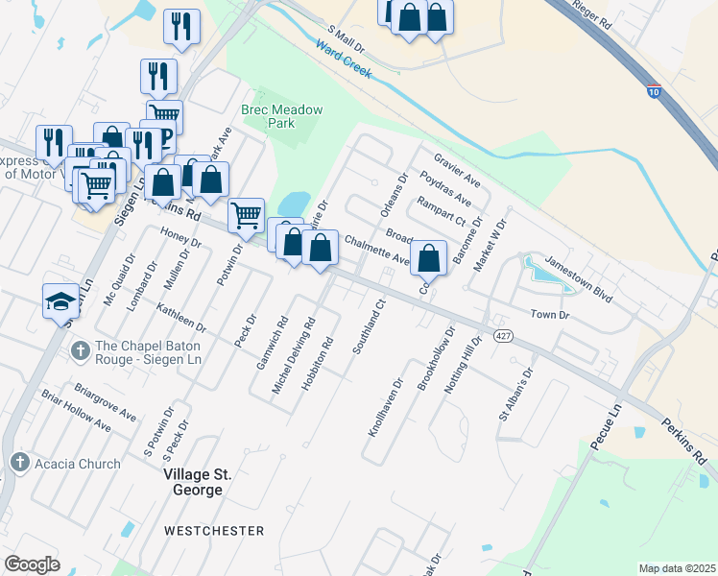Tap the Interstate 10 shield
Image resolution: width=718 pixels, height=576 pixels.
(x=653, y=92)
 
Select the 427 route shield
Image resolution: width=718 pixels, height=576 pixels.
(x=503, y=335)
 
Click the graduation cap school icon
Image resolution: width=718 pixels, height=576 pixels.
(x=60, y=301)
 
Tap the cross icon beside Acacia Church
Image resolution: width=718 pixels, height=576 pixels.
(x=18, y=464)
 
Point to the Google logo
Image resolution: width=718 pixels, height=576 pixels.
(x=32, y=564)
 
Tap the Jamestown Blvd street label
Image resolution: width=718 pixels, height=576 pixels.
(x=578, y=279)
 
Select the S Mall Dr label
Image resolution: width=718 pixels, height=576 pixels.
(x=347, y=39)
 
